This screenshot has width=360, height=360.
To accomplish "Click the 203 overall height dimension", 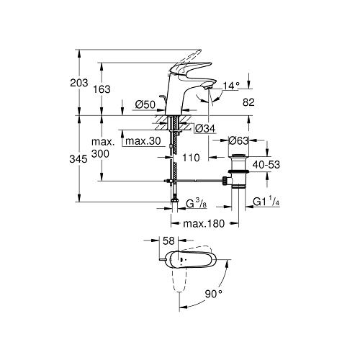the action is (x=79, y=83).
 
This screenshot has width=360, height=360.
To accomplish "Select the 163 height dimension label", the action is (x=102, y=89).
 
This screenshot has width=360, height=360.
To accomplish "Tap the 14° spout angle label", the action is (x=231, y=86).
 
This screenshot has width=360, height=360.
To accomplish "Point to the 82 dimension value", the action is (x=248, y=102).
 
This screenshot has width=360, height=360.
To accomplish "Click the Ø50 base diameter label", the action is (x=145, y=104).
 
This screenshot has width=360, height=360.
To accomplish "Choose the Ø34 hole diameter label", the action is (x=205, y=129).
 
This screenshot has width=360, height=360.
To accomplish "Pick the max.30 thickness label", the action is (x=143, y=141).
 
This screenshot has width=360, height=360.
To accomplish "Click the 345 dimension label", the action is (x=78, y=159).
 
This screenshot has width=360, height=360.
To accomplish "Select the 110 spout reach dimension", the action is (x=191, y=158).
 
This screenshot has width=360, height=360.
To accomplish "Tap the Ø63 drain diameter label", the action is (x=238, y=140).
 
